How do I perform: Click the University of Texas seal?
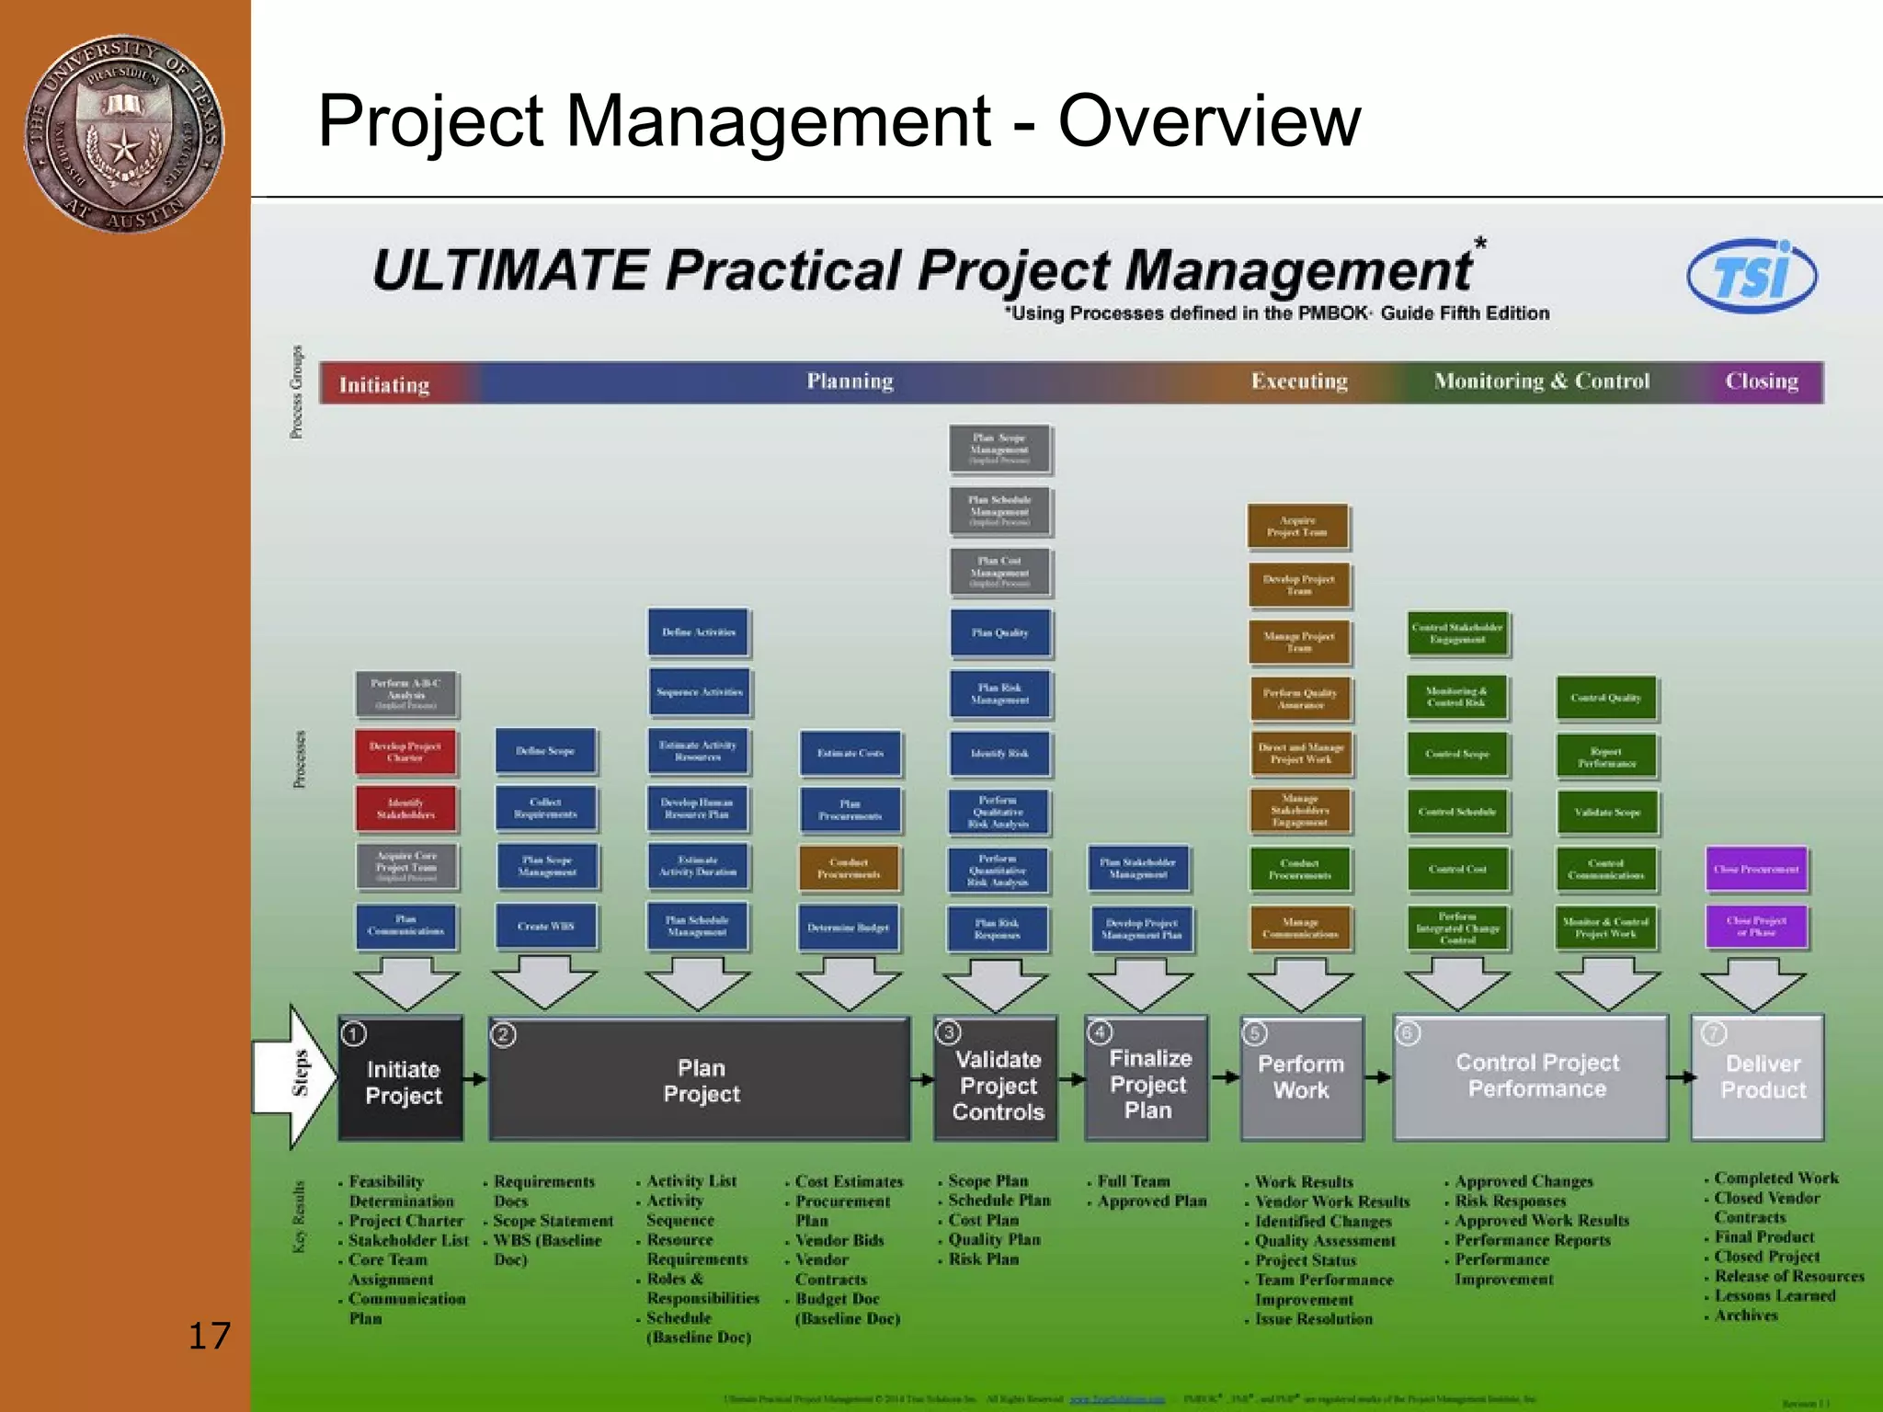coord(124,134)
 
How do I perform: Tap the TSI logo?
coord(1752,276)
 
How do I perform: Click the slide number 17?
coord(210,1336)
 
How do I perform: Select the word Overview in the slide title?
coord(1209,120)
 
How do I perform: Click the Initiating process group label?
coord(384,384)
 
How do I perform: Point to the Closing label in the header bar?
coord(1761,381)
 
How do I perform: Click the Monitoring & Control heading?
coord(1542,381)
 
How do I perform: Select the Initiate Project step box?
coord(402,1080)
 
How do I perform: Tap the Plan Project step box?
coord(701,1080)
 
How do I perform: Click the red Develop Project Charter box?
coord(405,752)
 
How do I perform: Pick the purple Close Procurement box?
coord(1756,869)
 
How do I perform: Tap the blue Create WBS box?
coord(545,926)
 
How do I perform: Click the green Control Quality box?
coord(1606,698)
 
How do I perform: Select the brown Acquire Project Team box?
coord(1298,526)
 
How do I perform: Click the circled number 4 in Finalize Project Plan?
coord(1101,1032)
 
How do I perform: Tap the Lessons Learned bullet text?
coord(1774,1296)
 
